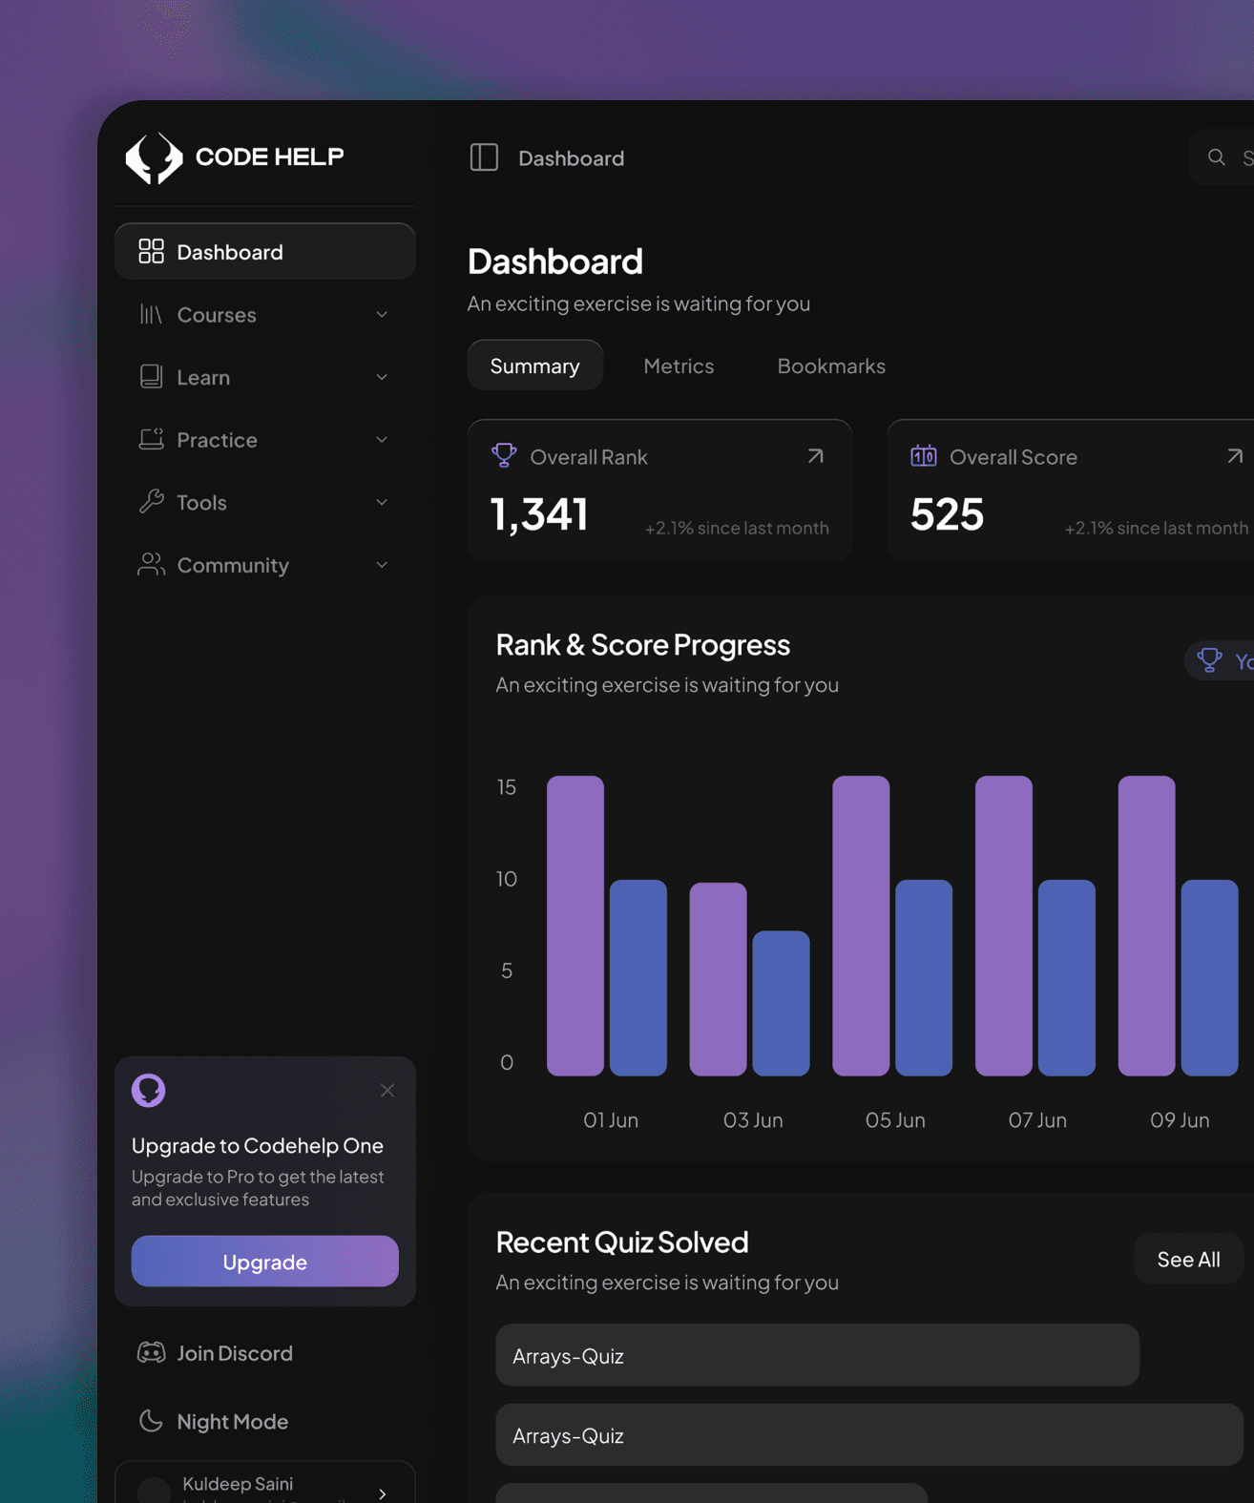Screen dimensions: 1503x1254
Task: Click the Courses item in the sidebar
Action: (x=217, y=315)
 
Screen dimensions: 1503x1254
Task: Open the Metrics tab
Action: (x=679, y=365)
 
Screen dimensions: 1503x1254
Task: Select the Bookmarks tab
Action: (x=830, y=365)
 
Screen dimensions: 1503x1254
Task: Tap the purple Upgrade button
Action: (x=264, y=1261)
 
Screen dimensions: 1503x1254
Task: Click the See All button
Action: (x=1188, y=1259)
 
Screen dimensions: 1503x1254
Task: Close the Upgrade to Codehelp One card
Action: (x=387, y=1090)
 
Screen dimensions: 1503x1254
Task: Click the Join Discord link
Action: (x=234, y=1352)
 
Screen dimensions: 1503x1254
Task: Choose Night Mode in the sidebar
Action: (x=232, y=1421)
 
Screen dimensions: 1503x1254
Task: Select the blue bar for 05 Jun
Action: (x=923, y=977)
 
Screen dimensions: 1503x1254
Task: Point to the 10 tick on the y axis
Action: (x=507, y=878)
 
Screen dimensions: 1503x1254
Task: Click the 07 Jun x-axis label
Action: (x=1037, y=1119)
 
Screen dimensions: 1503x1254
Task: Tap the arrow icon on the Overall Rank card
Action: (x=815, y=456)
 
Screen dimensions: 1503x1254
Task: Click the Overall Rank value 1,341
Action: (x=539, y=513)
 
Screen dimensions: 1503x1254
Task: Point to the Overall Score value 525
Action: (x=946, y=513)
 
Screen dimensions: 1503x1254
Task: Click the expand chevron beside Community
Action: (x=382, y=565)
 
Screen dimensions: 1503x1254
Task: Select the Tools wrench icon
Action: (x=151, y=502)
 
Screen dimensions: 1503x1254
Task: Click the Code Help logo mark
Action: (x=154, y=157)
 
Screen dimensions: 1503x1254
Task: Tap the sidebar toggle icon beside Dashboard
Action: (x=484, y=157)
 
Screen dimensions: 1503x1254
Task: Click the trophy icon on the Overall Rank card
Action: (x=504, y=455)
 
